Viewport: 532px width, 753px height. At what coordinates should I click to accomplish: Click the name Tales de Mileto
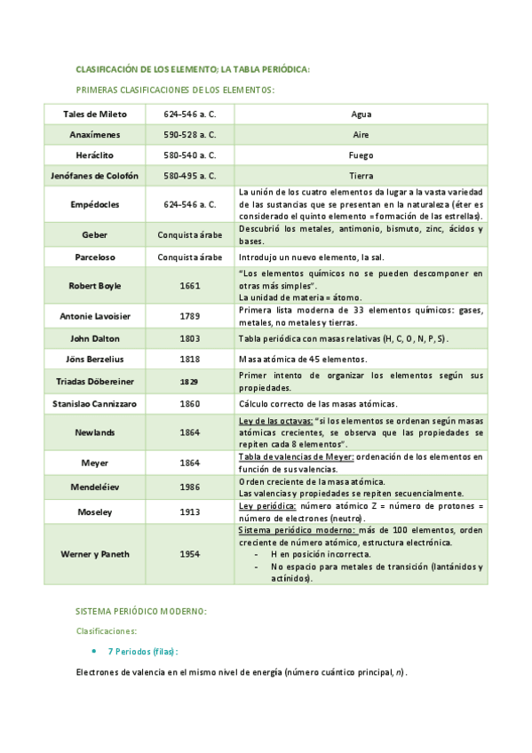pyautogui.click(x=95, y=115)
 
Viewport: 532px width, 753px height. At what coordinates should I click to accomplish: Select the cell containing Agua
pyautogui.click(x=361, y=115)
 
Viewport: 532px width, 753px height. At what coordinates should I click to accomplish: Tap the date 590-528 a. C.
pyautogui.click(x=189, y=135)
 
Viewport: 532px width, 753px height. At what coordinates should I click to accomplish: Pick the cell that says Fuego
pyautogui.click(x=361, y=155)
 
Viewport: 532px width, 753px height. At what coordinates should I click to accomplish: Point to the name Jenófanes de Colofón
pyautogui.click(x=95, y=176)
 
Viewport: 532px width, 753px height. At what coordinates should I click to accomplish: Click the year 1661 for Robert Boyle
pyautogui.click(x=189, y=286)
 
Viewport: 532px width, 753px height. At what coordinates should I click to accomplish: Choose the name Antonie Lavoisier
pyautogui.click(x=95, y=316)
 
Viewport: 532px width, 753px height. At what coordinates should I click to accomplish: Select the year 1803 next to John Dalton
pyautogui.click(x=189, y=338)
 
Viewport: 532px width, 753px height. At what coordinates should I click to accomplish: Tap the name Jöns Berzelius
pyautogui.click(x=95, y=360)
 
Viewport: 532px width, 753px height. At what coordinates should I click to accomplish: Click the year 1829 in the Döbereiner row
pyautogui.click(x=189, y=381)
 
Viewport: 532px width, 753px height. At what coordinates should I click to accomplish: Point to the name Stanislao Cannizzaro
pyautogui.click(x=95, y=403)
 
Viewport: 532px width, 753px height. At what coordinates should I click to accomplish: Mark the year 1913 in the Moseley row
pyautogui.click(x=189, y=512)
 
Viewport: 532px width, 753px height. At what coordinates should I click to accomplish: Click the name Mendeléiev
pyautogui.click(x=95, y=487)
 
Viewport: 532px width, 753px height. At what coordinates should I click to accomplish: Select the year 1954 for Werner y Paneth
pyautogui.click(x=189, y=554)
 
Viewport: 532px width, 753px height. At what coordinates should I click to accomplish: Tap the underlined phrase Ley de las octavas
pyautogui.click(x=274, y=420)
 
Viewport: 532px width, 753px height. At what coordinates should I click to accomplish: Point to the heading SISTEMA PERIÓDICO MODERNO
pyautogui.click(x=141, y=612)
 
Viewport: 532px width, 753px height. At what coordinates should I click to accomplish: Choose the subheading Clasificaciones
pyautogui.click(x=107, y=631)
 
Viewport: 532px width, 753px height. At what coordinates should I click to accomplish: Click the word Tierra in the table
pyautogui.click(x=361, y=176)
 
